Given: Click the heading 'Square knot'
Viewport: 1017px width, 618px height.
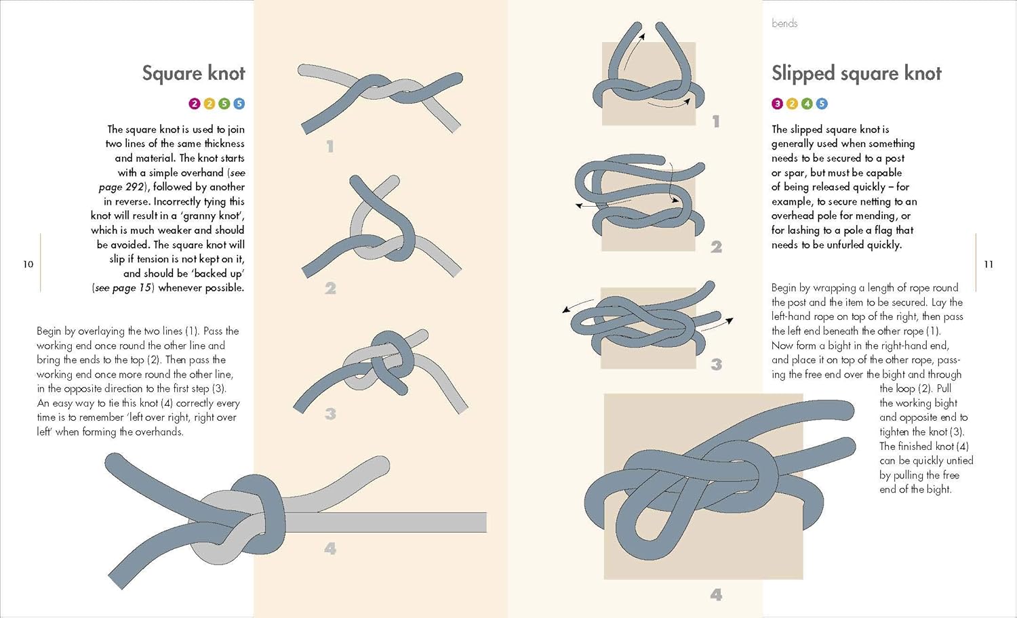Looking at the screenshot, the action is tap(193, 74).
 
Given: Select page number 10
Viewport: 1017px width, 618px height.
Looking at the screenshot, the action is tap(28, 264).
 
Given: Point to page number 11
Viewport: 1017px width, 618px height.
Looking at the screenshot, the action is tap(989, 264).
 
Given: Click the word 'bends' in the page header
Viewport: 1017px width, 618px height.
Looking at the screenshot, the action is tap(784, 23).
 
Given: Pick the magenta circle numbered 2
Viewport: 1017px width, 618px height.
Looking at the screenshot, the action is tap(195, 104).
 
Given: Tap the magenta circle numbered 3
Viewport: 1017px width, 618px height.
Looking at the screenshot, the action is tap(777, 104).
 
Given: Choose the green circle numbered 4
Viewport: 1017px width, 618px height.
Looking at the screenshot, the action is tap(807, 104).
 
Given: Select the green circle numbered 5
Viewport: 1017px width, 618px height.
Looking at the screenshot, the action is tap(224, 104).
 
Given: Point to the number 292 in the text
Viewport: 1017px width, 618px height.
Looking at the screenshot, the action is tap(134, 187).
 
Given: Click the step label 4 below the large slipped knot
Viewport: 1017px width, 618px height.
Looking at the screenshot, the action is tap(716, 594).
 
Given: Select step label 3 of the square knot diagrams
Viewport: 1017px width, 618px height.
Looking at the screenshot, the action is tap(330, 413).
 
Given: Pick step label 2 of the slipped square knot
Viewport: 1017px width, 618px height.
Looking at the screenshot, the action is tap(716, 247).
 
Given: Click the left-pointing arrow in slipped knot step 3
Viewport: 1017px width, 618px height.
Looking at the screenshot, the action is tap(577, 305).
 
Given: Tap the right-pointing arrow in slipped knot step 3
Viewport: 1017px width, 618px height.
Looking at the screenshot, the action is tap(718, 324).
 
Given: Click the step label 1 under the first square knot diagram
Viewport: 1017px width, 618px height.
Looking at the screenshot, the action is tap(330, 146).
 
